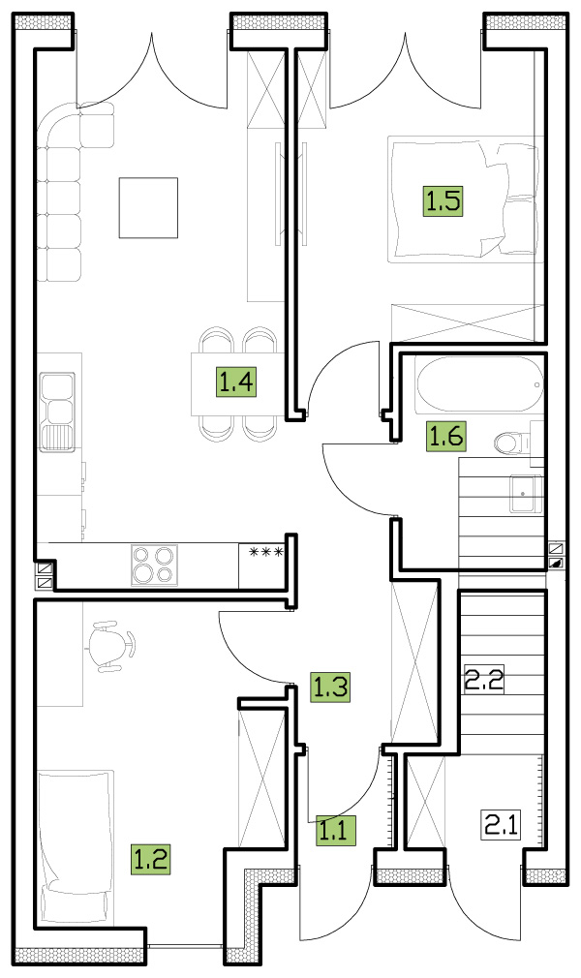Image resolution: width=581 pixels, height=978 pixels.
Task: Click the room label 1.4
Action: pyautogui.click(x=236, y=382)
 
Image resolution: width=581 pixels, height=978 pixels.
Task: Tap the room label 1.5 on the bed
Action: pyautogui.click(x=443, y=200)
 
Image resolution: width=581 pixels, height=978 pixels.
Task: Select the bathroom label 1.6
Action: pyautogui.click(x=446, y=436)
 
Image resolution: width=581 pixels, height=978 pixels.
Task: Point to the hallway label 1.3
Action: pyautogui.click(x=330, y=687)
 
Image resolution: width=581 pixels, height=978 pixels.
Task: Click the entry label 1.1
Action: pyautogui.click(x=335, y=830)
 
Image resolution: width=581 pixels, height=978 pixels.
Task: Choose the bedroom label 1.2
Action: pyautogui.click(x=150, y=859)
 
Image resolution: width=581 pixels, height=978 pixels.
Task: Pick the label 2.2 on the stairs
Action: pyautogui.click(x=483, y=679)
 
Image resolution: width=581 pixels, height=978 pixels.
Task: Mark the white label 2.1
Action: pyautogui.click(x=502, y=824)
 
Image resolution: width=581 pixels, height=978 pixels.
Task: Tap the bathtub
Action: pyautogui.click(x=479, y=384)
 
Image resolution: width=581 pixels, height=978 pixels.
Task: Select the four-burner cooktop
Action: pyautogui.click(x=154, y=565)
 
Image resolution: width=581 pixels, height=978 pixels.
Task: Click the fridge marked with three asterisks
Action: pyautogui.click(x=262, y=565)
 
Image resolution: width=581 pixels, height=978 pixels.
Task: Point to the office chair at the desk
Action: pyautogui.click(x=111, y=646)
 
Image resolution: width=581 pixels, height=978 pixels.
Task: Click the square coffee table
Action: pyautogui.click(x=148, y=207)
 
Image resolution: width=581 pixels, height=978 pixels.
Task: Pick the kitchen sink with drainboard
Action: pyautogui.click(x=57, y=413)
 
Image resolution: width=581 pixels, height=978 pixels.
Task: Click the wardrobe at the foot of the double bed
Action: pyautogui.click(x=467, y=323)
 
